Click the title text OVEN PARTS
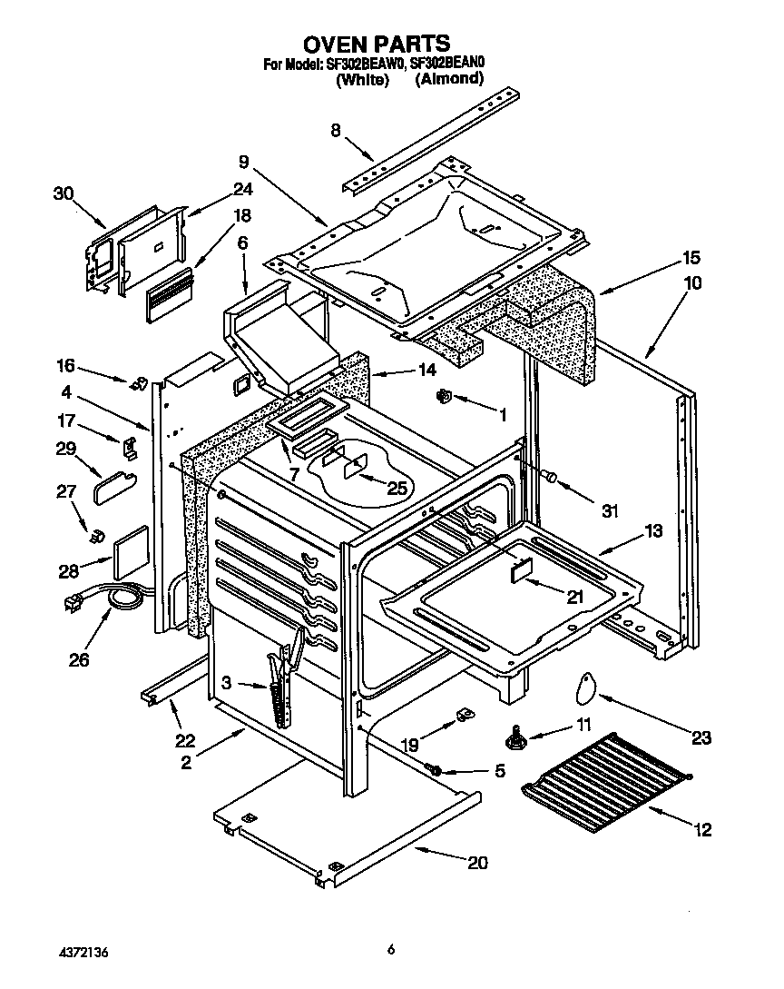pos(376,44)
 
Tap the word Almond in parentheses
pos(449,80)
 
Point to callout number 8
pos(336,131)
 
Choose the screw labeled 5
pos(435,771)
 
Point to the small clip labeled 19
pos(464,716)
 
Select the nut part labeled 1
pos(446,396)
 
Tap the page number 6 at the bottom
pos(391,951)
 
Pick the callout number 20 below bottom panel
pos(477,863)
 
